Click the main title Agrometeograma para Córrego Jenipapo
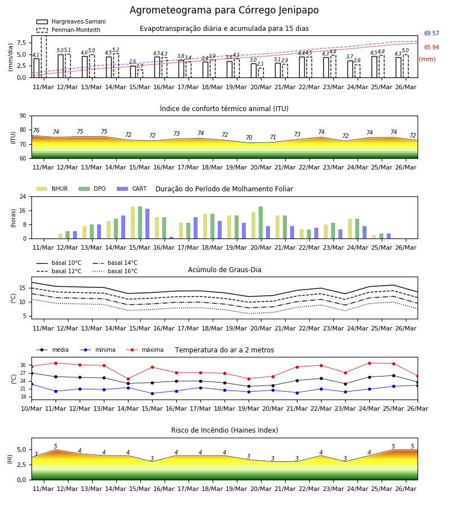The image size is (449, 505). tap(224, 10)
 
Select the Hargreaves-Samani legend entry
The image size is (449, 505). tap(71, 21)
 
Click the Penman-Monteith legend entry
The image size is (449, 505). tap(68, 30)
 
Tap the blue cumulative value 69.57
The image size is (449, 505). tap(432, 33)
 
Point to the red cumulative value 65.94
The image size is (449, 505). tap(432, 47)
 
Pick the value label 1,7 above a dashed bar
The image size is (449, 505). tap(140, 66)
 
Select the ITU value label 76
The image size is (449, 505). tap(36, 130)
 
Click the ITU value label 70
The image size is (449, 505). tap(249, 137)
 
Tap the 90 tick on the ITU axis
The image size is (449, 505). tap(23, 116)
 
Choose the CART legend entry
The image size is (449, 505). tap(132, 189)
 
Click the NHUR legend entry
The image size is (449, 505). tap(52, 189)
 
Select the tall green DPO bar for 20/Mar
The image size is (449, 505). tap(260, 223)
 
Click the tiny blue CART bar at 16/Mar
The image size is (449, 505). tap(171, 238)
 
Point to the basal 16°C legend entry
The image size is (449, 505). tap(115, 271)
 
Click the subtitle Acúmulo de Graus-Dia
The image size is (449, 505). tap(224, 270)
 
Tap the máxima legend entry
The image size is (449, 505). tap(145, 350)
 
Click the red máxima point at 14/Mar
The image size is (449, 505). tap(128, 379)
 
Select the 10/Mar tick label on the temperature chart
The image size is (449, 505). tap(31, 408)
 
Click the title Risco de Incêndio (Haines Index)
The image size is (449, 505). tap(224, 430)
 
